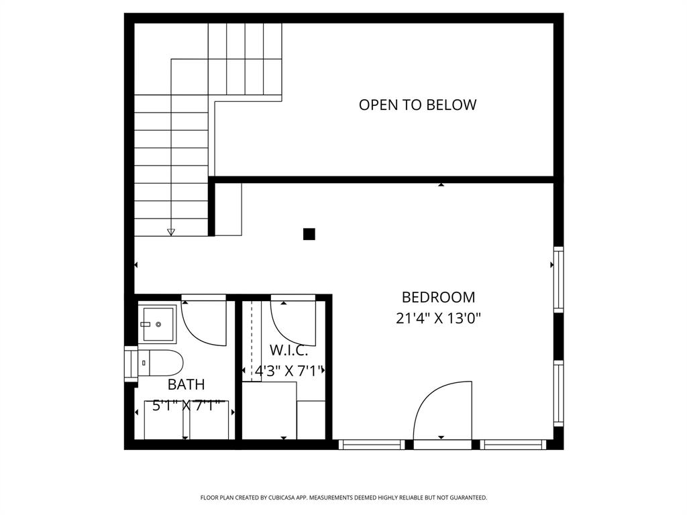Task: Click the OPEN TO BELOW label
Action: [x=417, y=105]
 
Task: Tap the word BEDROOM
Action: [x=438, y=297]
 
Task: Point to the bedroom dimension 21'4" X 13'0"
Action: [x=438, y=318]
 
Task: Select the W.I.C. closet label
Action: [x=289, y=349]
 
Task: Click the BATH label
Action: [x=186, y=384]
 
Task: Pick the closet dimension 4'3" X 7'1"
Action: [x=289, y=370]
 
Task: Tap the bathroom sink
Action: [x=157, y=324]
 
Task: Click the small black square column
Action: [x=309, y=234]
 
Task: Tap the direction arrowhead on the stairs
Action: [x=171, y=232]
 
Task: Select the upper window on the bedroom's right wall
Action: [x=558, y=279]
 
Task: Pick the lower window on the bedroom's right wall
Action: [x=558, y=393]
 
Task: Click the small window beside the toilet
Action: [x=130, y=363]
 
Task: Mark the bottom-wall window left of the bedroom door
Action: [x=372, y=444]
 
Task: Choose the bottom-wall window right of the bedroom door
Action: [x=514, y=444]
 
